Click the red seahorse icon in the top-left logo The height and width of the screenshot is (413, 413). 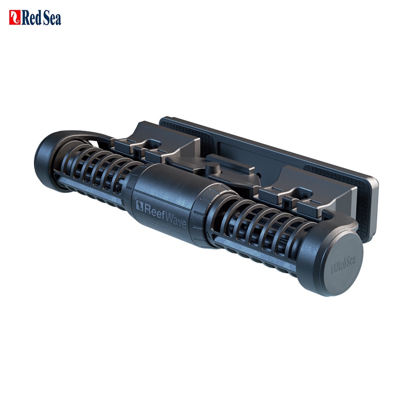(x=15, y=17)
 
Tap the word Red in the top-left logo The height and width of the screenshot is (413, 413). (x=31, y=18)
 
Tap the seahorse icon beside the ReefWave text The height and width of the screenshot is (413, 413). (x=139, y=205)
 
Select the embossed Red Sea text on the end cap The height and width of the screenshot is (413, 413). (x=343, y=265)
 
